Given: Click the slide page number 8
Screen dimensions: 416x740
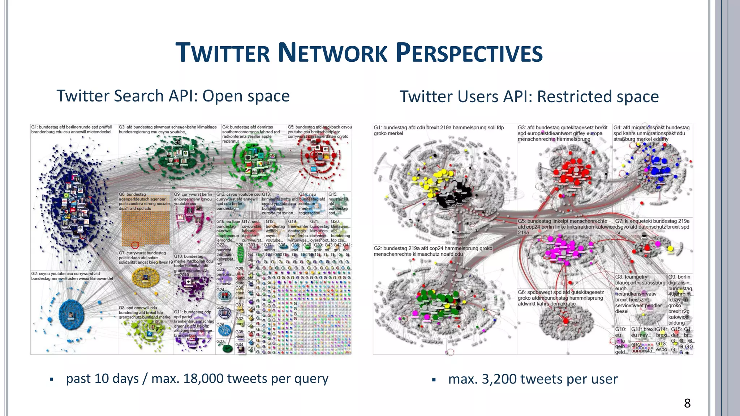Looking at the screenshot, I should pyautogui.click(x=687, y=403).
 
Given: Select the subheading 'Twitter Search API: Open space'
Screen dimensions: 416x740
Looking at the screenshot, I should pyautogui.click(x=173, y=96).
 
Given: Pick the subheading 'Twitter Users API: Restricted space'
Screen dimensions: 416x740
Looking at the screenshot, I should pyautogui.click(x=529, y=97).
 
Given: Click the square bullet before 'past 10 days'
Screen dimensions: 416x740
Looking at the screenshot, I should pyautogui.click(x=52, y=380).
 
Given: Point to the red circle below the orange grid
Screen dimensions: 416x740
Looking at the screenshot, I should pyautogui.click(x=135, y=245).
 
